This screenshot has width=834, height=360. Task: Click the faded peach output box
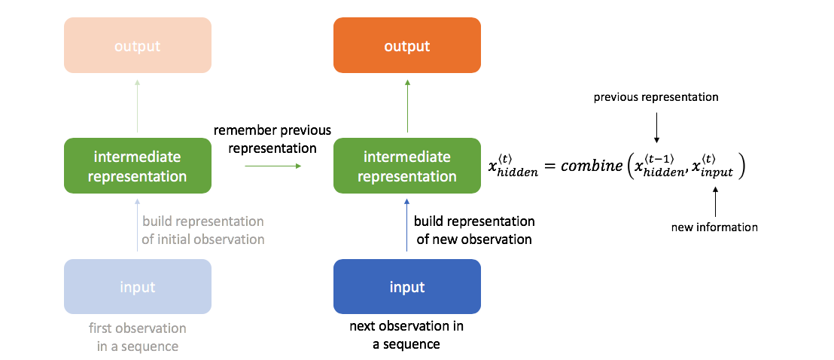[x=138, y=46]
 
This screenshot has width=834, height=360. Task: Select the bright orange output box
[x=407, y=46]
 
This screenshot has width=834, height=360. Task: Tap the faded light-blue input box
[x=138, y=286]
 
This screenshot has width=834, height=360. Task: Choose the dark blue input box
[x=407, y=286]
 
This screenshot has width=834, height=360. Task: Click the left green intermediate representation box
[x=138, y=166]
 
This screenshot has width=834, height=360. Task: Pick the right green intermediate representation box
[x=407, y=166]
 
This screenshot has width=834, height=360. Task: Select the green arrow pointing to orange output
[x=407, y=105]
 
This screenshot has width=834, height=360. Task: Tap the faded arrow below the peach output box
[x=138, y=105]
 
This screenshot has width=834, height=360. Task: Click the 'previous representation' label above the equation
[x=656, y=98]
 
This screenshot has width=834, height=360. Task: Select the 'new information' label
[x=714, y=227]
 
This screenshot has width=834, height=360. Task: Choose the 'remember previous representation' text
[x=272, y=139]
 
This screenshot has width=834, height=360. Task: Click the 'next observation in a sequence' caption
[x=406, y=335]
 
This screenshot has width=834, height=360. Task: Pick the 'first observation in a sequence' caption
[x=138, y=337]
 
